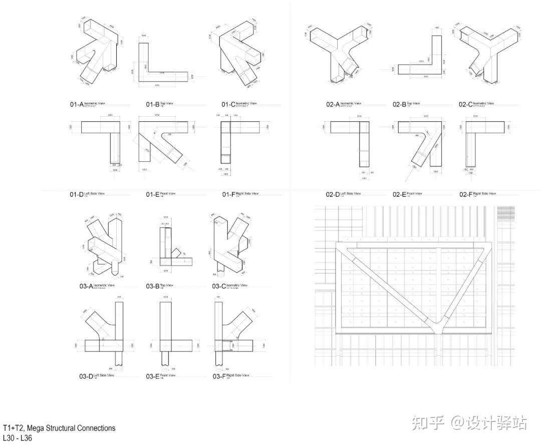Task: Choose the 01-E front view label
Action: point(161,194)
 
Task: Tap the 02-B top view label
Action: point(406,104)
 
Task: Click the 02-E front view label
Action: point(406,194)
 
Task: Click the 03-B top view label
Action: point(160,286)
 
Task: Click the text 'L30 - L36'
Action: point(18,438)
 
